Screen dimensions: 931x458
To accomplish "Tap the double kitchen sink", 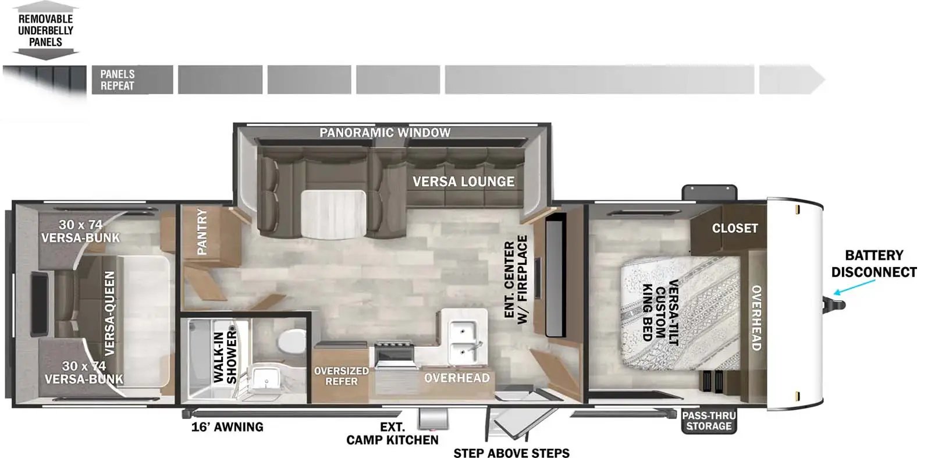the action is [464, 342].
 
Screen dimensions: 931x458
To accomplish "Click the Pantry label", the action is [202, 232].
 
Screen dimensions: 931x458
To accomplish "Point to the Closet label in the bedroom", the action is [735, 228].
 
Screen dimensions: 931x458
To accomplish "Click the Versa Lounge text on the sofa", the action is [463, 182].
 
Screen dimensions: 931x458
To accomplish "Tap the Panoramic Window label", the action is [385, 133].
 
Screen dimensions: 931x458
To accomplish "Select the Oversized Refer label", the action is [341, 376].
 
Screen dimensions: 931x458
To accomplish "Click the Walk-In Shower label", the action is [225, 357].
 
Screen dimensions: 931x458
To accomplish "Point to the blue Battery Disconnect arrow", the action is [854, 287].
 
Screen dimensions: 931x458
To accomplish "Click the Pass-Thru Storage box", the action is [709, 421].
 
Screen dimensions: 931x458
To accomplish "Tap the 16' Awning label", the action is [228, 427].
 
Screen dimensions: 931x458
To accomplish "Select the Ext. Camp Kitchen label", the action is [392, 434].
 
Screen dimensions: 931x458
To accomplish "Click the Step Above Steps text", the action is [511, 453].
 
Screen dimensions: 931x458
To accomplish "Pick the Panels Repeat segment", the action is [132, 80].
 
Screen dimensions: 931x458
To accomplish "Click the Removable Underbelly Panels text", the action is [45, 30].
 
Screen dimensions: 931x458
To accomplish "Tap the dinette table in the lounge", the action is [333, 215].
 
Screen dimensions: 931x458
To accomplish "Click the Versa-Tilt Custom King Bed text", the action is [661, 313].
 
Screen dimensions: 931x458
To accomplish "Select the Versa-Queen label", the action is [109, 313].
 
